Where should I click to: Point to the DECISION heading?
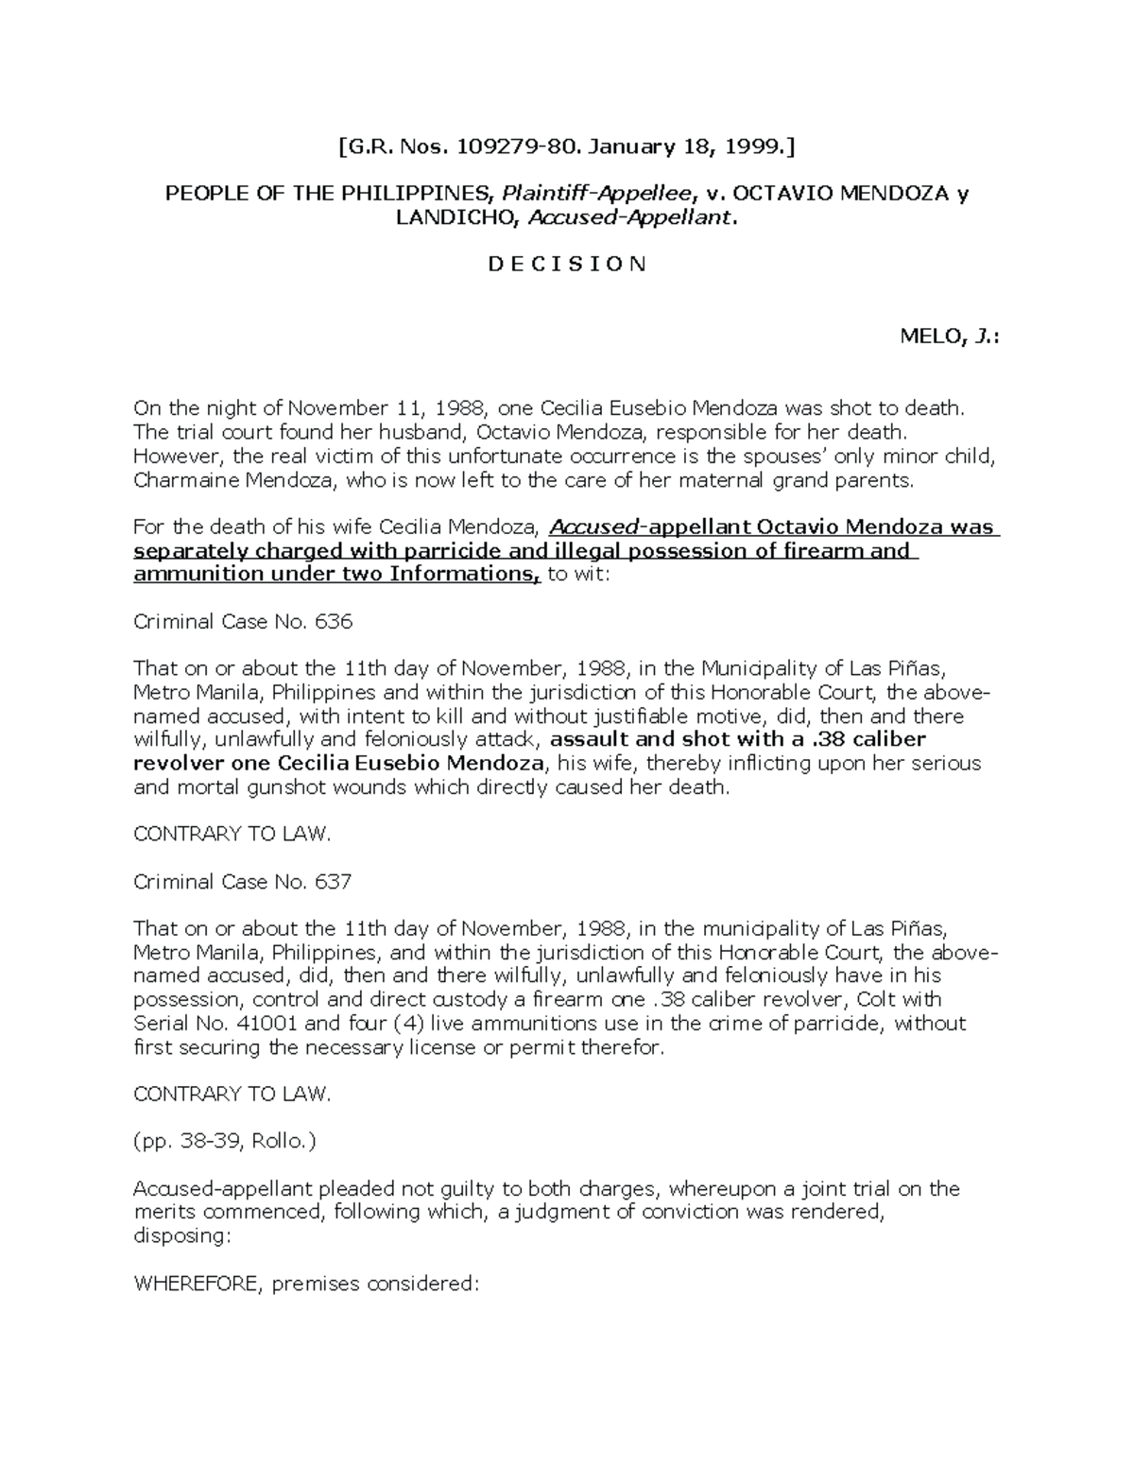(567, 265)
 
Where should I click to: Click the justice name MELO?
(932, 337)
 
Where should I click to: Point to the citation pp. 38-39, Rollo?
(225, 1141)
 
